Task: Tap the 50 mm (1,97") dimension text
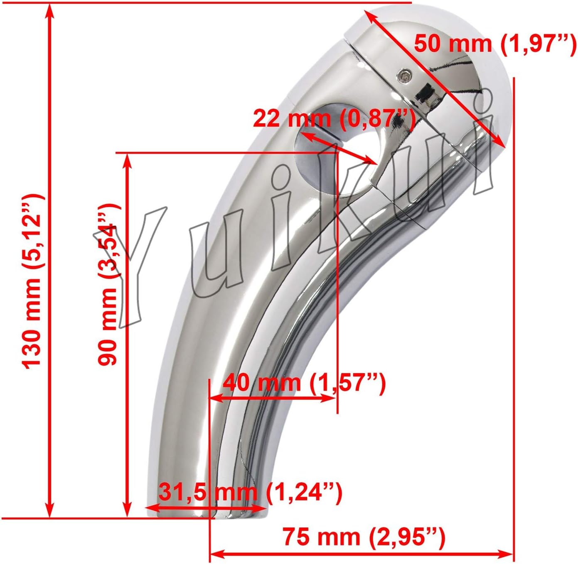pyautogui.click(x=494, y=43)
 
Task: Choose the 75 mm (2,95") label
pyautogui.click(x=364, y=537)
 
